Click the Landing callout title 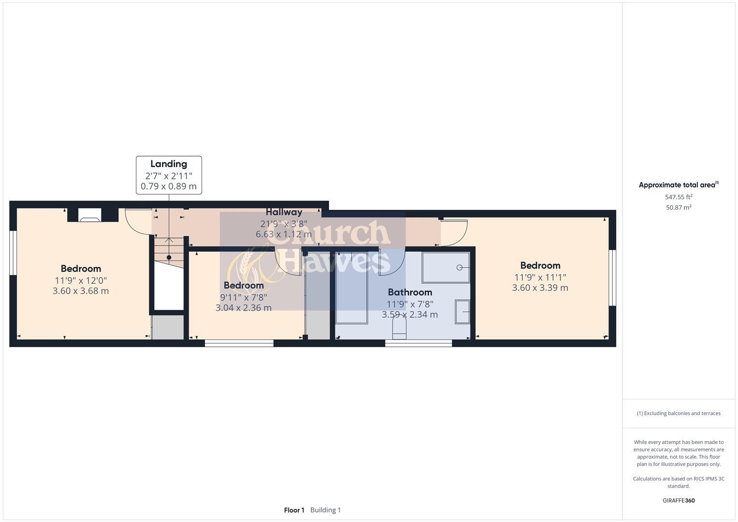click(169, 164)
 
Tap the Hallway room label click(284, 212)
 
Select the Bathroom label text click(410, 292)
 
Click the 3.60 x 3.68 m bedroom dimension click(81, 291)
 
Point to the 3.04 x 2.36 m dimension click(243, 307)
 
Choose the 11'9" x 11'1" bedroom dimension click(540, 277)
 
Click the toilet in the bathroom click(399, 330)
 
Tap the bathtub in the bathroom click(351, 288)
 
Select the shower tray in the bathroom click(446, 267)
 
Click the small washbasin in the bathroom click(463, 312)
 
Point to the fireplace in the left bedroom click(89, 216)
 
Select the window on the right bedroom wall click(612, 277)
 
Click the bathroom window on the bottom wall click(419, 343)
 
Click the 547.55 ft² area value click(679, 197)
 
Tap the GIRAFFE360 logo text click(678, 500)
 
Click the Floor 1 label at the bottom click(294, 510)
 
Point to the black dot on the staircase click(169, 258)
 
